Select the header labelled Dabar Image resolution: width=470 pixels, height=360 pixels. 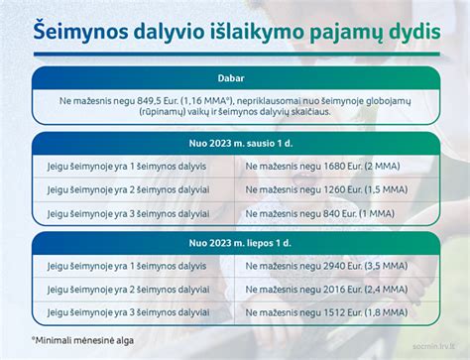point(235,78)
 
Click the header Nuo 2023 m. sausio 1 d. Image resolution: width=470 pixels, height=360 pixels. point(235,142)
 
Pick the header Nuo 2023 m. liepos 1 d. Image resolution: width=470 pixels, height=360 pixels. point(235,243)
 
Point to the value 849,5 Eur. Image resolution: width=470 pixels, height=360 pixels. point(157,100)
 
